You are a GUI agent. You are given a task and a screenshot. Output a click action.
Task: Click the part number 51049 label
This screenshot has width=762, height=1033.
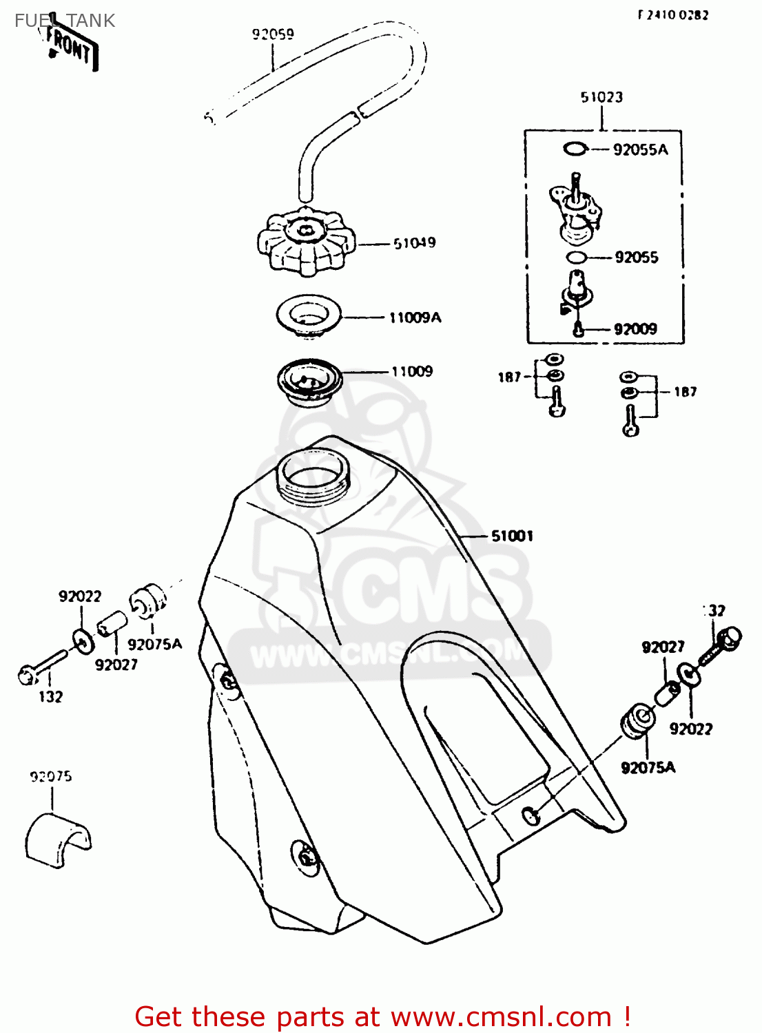(x=414, y=243)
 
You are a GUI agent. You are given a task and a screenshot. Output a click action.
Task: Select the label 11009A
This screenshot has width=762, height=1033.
(x=415, y=317)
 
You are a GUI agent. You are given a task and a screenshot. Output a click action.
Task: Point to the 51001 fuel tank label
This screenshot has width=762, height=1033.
(x=512, y=536)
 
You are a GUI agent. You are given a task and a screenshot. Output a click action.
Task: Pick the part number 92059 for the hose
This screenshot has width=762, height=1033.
(x=273, y=34)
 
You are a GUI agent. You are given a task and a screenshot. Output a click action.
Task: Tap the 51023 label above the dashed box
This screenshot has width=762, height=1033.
(x=601, y=97)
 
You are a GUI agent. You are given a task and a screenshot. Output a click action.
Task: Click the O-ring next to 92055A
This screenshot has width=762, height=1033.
(x=575, y=149)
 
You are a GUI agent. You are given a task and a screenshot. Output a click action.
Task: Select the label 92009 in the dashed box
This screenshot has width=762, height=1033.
(x=635, y=329)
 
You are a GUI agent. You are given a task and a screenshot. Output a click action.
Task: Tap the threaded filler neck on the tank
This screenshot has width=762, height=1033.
(x=313, y=476)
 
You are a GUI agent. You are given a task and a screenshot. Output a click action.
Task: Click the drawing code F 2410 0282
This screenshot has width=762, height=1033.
(x=673, y=14)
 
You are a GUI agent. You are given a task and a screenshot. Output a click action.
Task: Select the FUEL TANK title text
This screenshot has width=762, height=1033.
(x=65, y=21)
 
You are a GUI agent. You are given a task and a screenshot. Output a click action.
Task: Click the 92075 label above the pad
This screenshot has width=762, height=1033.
(x=51, y=777)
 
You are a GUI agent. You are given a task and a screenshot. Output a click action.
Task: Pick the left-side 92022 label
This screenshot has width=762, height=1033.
(x=80, y=596)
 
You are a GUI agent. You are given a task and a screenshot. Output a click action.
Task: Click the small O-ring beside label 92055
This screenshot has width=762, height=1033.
(x=576, y=258)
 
